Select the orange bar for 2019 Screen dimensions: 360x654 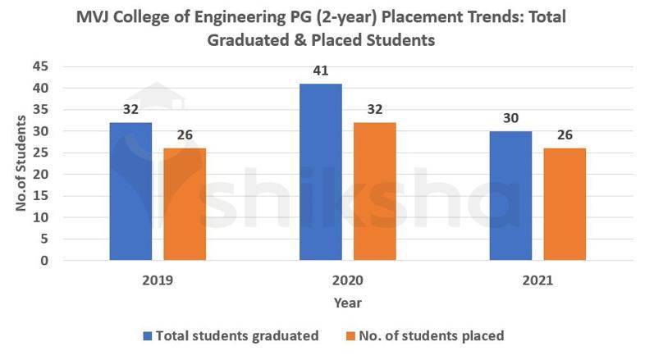tap(185, 205)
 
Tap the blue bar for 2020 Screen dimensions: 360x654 tap(320, 172)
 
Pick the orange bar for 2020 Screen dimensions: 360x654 tap(375, 192)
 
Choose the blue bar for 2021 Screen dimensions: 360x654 tap(510, 196)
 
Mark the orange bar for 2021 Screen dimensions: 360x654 tap(565, 205)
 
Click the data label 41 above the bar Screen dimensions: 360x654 tap(321, 71)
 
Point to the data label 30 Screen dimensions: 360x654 tap(510, 118)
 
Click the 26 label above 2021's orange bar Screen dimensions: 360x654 tap(565, 135)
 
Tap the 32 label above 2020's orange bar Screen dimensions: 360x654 tap(375, 109)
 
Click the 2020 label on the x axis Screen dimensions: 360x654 tap(347, 280)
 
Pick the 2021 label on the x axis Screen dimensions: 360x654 tap(537, 280)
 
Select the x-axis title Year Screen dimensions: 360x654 tap(347, 303)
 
